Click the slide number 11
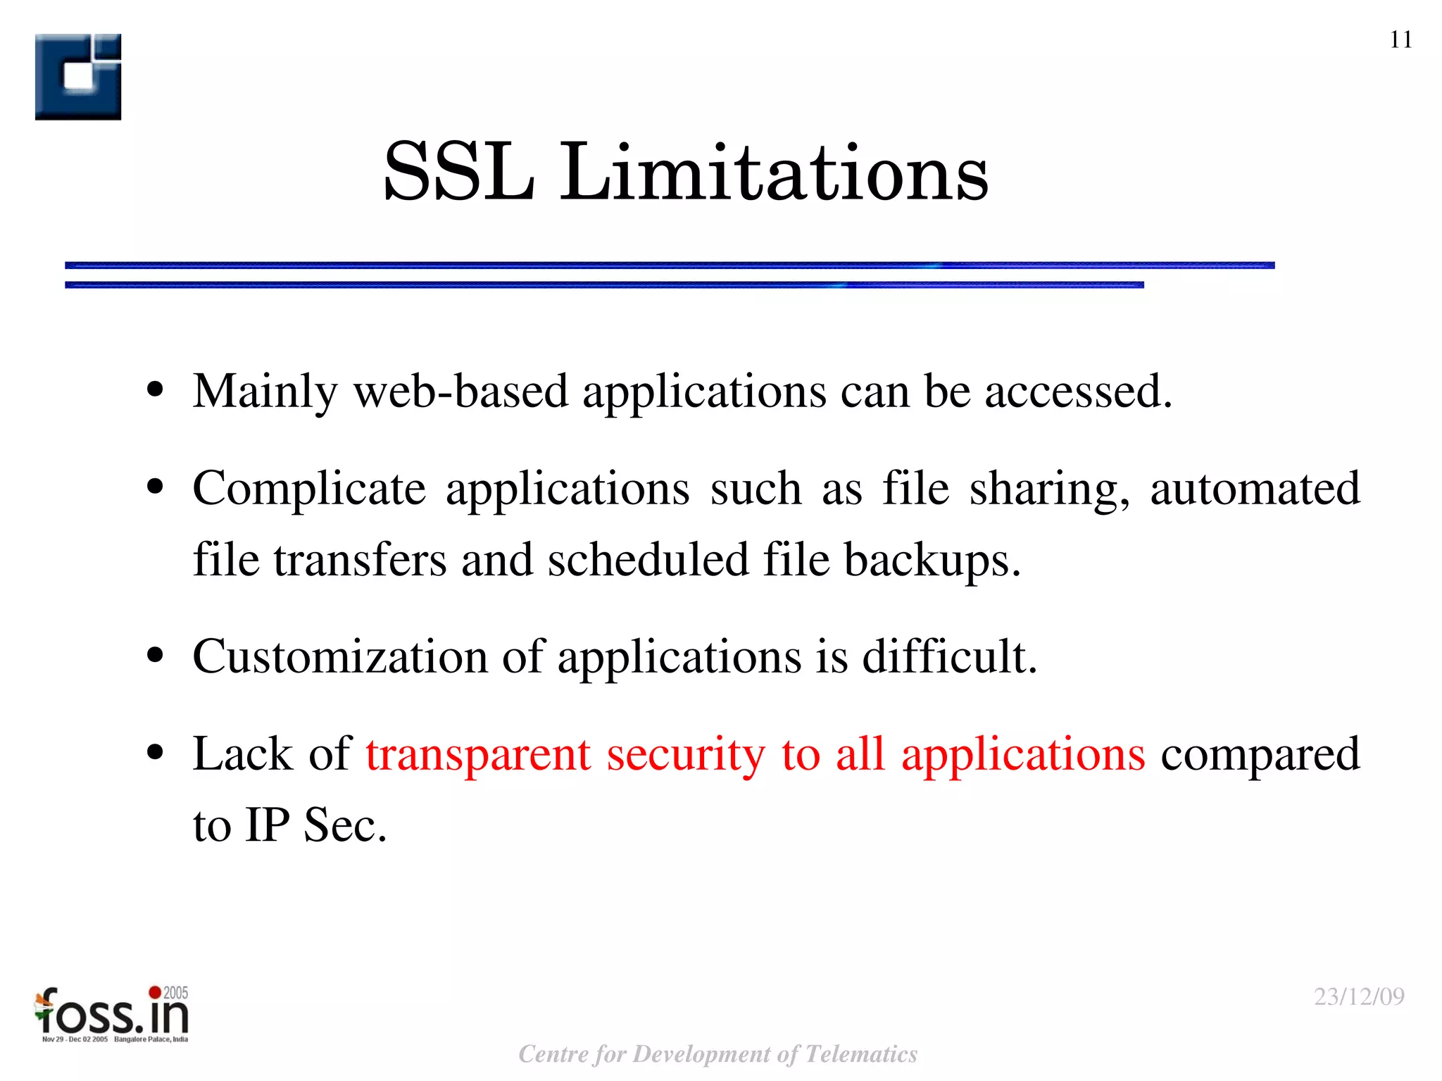pos(1400,39)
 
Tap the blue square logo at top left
pos(78,77)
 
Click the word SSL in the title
pos(458,172)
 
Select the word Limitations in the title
pos(774,172)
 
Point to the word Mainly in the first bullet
pos(265,392)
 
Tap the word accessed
pos(1077,392)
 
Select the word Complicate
pos(309,489)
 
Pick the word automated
pos(1255,489)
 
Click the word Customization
pos(340,656)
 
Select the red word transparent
pos(478,755)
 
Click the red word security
pos(686,755)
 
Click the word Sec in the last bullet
pos(344,825)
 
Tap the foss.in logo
pos(112,1015)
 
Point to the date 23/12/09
pos(1359,996)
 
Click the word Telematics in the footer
pos(860,1054)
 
